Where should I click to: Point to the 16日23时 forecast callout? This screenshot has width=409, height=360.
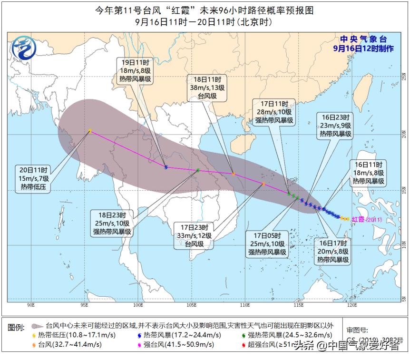pyautogui.click(x=335, y=126)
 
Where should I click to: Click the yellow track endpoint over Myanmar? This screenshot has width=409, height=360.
pyautogui.click(x=90, y=131)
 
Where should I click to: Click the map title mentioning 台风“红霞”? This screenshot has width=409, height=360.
pyautogui.click(x=204, y=10)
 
